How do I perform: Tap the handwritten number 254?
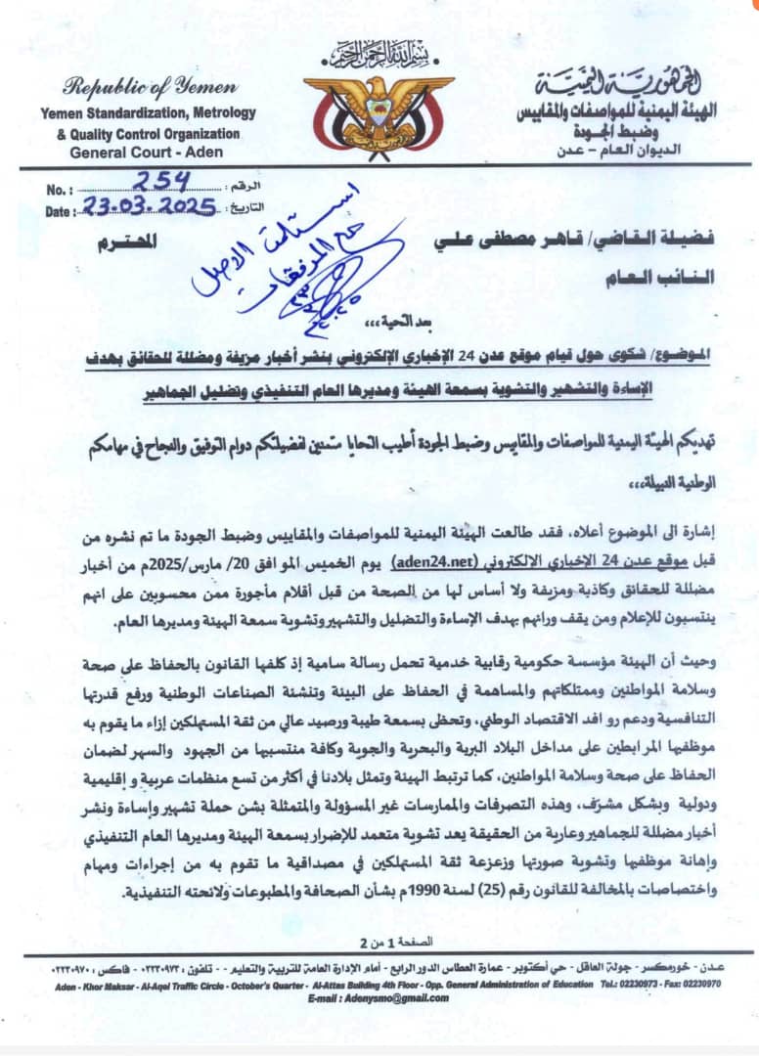pos(162,182)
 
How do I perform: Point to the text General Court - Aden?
pos(146,152)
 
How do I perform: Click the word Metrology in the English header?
pos(222,113)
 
